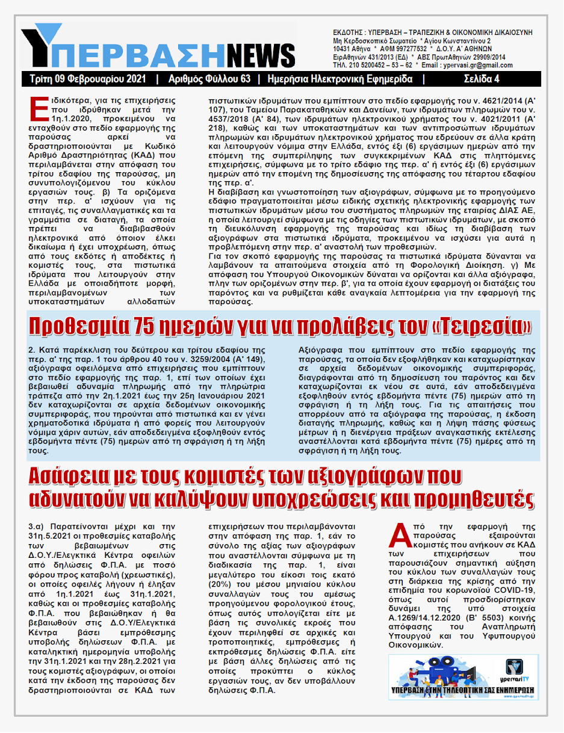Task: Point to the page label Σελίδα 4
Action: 481,79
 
